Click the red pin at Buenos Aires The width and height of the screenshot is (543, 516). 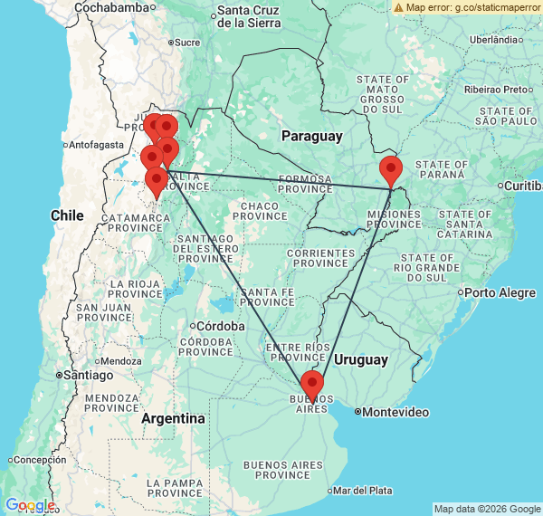coord(311,384)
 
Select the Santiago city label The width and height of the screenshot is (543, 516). coord(86,375)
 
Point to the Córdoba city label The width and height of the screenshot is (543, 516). coord(221,326)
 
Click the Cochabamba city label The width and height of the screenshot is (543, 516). coord(111,7)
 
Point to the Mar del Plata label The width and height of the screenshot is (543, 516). coord(362,491)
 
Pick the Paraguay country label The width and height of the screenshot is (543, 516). coord(311,136)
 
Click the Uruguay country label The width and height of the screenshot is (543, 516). coord(361,359)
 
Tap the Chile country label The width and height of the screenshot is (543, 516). coord(67,215)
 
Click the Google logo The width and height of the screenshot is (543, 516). coord(30,505)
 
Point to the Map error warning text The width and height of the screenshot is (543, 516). coord(467,7)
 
